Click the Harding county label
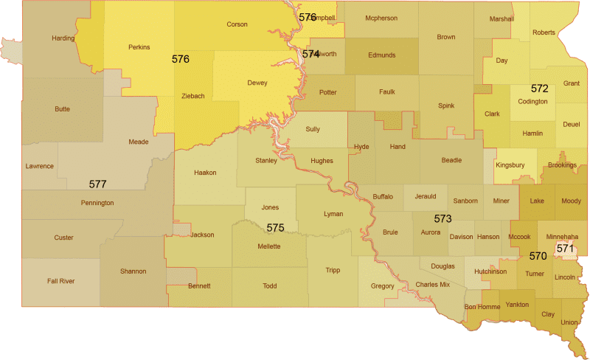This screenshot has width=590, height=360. pyautogui.click(x=63, y=38)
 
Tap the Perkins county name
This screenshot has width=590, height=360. pyautogui.click(x=139, y=47)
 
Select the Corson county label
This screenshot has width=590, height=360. pyautogui.click(x=237, y=24)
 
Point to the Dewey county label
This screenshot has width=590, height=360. pyautogui.click(x=257, y=83)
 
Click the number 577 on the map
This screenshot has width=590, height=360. pyautogui.click(x=98, y=184)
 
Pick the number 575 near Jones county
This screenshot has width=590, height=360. pyautogui.click(x=275, y=227)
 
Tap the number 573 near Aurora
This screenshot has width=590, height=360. pyautogui.click(x=442, y=218)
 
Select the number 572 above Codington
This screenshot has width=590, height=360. pyautogui.click(x=539, y=89)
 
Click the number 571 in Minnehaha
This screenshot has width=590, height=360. pyautogui.click(x=565, y=249)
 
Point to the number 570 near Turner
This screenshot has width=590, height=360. pyautogui.click(x=538, y=257)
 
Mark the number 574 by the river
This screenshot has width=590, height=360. pyautogui.click(x=310, y=54)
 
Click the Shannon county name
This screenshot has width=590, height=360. pyautogui.click(x=133, y=271)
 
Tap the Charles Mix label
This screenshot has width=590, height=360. pyautogui.click(x=432, y=284)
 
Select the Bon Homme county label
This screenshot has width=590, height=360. pyautogui.click(x=482, y=306)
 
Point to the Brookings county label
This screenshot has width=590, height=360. pyautogui.click(x=563, y=165)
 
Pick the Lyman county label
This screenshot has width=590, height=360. pyautogui.click(x=333, y=214)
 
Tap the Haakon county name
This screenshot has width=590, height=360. pyautogui.click(x=205, y=173)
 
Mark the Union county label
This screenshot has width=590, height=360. pyautogui.click(x=569, y=322)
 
